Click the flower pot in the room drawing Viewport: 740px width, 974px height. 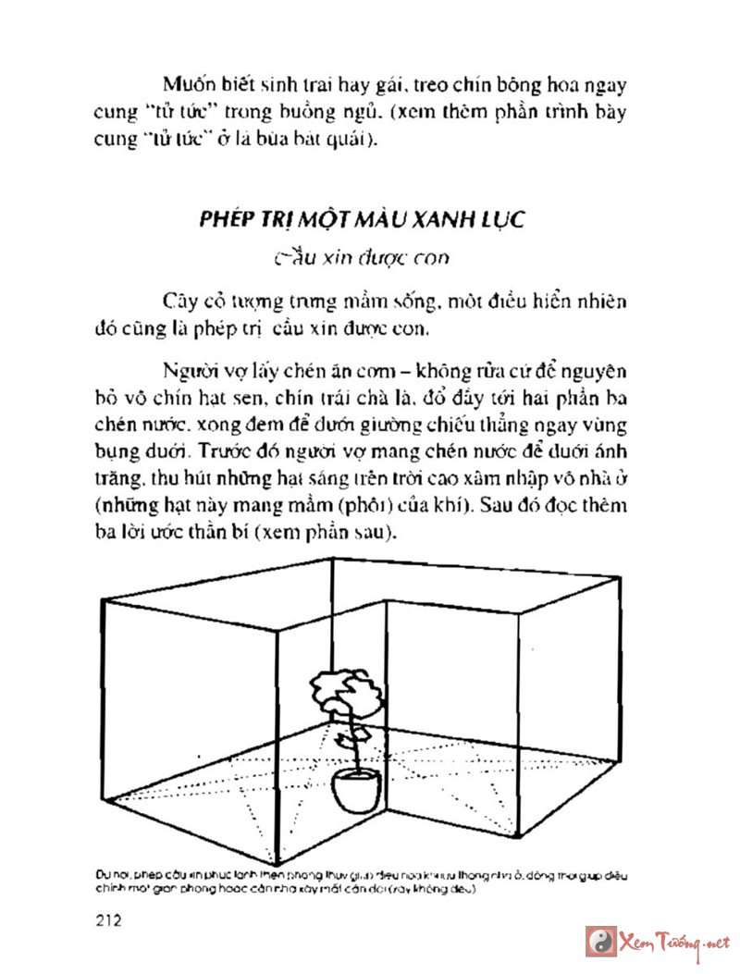pos(356,788)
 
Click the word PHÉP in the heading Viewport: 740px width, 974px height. pos(227,220)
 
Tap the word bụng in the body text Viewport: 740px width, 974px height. pos(115,453)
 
